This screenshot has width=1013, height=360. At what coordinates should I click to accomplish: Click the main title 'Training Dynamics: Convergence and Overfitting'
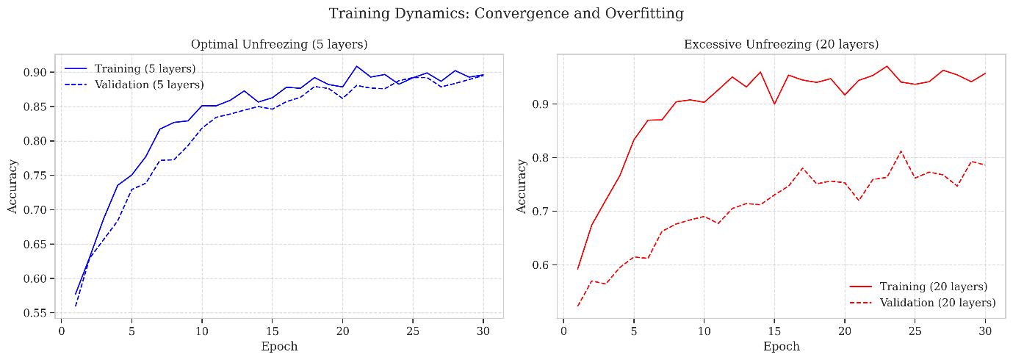coord(506,13)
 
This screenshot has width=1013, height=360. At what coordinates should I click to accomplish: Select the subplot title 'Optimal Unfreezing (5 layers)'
coord(279,44)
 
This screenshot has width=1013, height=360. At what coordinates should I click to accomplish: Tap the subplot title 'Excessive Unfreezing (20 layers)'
coord(781,44)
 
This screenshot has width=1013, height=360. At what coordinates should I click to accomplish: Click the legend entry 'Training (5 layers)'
coord(145,69)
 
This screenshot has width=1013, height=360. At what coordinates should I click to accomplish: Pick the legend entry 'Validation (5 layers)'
coord(149,84)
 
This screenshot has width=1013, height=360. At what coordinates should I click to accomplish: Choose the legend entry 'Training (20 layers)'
coord(934,287)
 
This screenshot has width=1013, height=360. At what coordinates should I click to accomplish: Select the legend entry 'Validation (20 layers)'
coord(937,303)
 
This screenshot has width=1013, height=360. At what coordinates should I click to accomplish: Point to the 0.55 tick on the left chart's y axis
coord(35,313)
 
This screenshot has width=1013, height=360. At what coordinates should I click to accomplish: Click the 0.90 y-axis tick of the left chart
coord(35,72)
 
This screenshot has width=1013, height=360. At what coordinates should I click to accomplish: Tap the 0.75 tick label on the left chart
coord(35,176)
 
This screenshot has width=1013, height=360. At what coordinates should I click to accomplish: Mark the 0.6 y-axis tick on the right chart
coord(541,265)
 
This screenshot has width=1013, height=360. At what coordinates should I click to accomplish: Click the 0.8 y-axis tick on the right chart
coord(541,158)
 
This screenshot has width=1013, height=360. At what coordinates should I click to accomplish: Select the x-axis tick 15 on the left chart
coord(272,331)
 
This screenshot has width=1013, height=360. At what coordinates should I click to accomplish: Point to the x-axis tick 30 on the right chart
coord(985,331)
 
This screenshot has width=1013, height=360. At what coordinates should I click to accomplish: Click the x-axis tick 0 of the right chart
coord(563,331)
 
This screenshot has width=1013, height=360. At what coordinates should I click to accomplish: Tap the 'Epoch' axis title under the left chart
coord(279,347)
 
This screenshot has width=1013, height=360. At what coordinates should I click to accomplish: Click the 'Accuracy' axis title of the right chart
coord(522,187)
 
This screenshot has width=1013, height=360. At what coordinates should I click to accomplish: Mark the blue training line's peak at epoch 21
coord(356,66)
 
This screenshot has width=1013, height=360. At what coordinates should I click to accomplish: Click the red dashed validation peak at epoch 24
coord(901,151)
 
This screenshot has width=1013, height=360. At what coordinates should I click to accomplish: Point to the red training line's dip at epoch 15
coord(774,104)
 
